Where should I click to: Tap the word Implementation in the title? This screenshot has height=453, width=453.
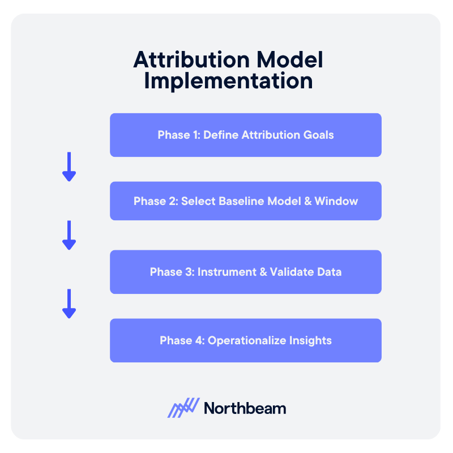(228, 80)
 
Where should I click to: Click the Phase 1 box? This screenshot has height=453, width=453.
(245, 135)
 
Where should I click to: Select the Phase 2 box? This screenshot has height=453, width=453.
(245, 201)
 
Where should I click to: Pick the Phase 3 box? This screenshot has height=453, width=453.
(245, 272)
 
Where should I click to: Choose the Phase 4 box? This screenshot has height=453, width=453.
(245, 340)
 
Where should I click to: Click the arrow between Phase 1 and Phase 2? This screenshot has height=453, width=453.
(69, 166)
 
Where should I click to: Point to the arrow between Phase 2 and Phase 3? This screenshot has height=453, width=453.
(69, 235)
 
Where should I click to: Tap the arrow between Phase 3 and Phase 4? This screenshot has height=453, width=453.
(69, 304)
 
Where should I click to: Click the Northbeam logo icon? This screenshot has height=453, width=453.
(183, 408)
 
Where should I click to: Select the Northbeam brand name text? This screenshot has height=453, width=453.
(245, 408)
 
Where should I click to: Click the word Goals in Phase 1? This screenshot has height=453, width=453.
(318, 135)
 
